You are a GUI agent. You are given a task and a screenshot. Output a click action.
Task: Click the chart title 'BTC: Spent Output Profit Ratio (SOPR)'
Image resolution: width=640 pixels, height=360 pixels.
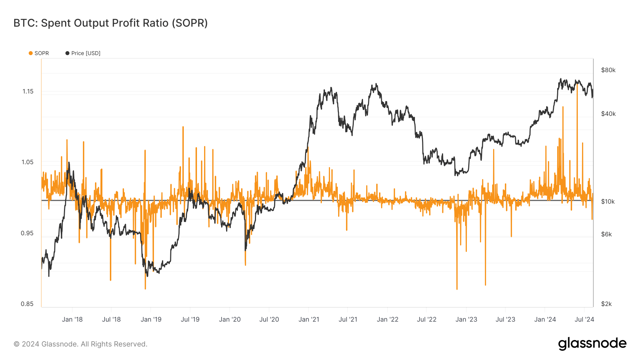tap(111, 23)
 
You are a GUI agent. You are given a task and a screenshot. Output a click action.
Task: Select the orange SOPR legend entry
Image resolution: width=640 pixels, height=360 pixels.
tap(39, 53)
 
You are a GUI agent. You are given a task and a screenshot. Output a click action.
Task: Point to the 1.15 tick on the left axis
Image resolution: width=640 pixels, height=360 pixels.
tap(28, 91)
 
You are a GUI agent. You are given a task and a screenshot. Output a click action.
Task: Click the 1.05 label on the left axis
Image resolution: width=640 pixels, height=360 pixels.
tap(27, 162)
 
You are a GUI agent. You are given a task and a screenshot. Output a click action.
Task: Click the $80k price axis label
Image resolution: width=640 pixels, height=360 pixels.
tap(608, 70)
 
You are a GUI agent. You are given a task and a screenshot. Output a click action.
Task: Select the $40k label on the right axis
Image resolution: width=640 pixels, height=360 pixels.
tap(608, 114)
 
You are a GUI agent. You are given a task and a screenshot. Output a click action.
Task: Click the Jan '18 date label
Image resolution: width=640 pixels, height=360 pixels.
tap(72, 319)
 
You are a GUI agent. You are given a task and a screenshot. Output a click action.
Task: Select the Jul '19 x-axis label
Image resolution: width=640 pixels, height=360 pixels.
tap(190, 319)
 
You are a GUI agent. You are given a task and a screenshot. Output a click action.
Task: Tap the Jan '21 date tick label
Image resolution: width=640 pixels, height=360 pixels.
tap(309, 319)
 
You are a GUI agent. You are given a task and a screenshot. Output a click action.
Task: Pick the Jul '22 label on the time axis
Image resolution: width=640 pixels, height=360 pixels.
tap(427, 319)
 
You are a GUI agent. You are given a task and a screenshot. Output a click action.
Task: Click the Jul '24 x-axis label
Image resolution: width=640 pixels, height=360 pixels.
tap(584, 319)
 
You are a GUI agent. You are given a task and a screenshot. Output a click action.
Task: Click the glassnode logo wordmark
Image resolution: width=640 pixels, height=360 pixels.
tap(592, 344)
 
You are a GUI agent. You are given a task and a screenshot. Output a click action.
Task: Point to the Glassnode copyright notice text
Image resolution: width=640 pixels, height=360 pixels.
tap(80, 344)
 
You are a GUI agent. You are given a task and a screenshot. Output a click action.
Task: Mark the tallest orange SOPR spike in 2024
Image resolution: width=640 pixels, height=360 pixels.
tap(577, 85)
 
